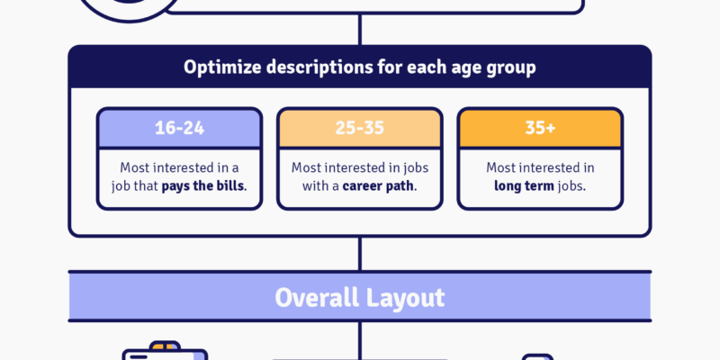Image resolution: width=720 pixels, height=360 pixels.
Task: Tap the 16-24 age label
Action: tap(179, 128)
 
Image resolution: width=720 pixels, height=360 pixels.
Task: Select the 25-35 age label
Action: tap(359, 128)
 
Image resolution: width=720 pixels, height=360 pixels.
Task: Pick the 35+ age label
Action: tap(540, 128)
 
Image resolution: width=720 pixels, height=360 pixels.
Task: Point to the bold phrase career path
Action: tap(379, 187)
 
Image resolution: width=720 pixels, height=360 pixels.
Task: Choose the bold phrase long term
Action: tap(524, 187)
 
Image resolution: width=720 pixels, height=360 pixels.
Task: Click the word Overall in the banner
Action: tap(317, 298)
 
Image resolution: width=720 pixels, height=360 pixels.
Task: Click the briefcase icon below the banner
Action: tap(165, 351)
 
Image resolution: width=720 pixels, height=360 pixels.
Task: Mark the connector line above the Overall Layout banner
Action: tap(359, 254)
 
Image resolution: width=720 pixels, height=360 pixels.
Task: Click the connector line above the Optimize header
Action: tap(359, 30)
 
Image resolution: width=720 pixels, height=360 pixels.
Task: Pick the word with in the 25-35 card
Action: tap(312, 187)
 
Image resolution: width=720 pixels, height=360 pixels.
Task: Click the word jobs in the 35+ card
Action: tap(571, 187)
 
